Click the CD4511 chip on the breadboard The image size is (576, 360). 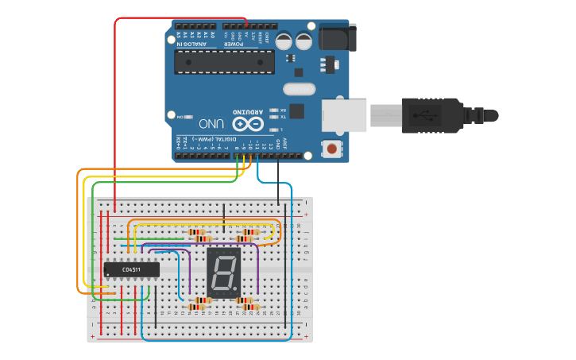pos(131,269)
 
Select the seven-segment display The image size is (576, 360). pos(223,273)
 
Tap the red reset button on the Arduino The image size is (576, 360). pos(331,148)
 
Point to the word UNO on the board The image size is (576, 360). pos(211,124)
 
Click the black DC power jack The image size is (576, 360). pos(337,37)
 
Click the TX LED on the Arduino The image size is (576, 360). pos(275,117)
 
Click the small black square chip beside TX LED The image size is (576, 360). pos(296,111)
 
